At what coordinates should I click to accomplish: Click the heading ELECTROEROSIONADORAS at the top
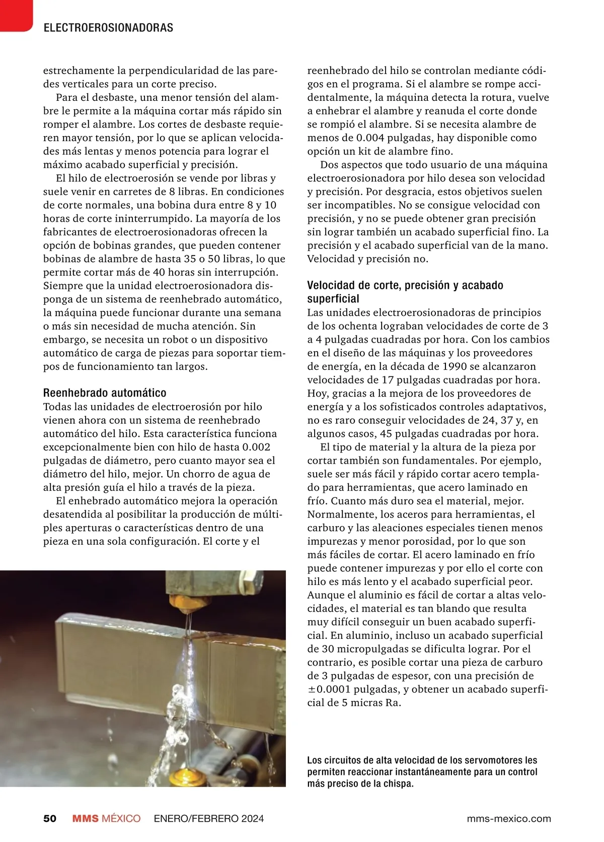click(x=108, y=28)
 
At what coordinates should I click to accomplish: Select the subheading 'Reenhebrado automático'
click(x=105, y=393)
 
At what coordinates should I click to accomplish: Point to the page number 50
click(x=50, y=818)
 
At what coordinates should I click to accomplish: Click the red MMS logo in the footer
click(x=85, y=818)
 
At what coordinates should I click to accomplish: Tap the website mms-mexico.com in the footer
click(x=508, y=818)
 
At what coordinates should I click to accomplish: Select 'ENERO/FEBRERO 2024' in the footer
click(x=209, y=818)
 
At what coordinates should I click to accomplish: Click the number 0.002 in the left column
click(x=256, y=447)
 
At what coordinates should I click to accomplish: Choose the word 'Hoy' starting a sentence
click(x=317, y=393)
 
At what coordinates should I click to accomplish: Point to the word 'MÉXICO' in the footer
click(x=121, y=818)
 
